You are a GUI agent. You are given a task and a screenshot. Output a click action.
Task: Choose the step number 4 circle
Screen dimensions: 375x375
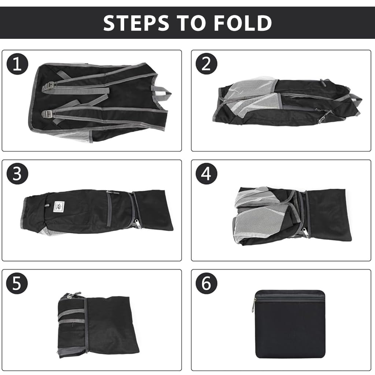click(x=207, y=174)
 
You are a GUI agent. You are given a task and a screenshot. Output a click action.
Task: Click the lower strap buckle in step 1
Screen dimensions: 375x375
click(x=48, y=113)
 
